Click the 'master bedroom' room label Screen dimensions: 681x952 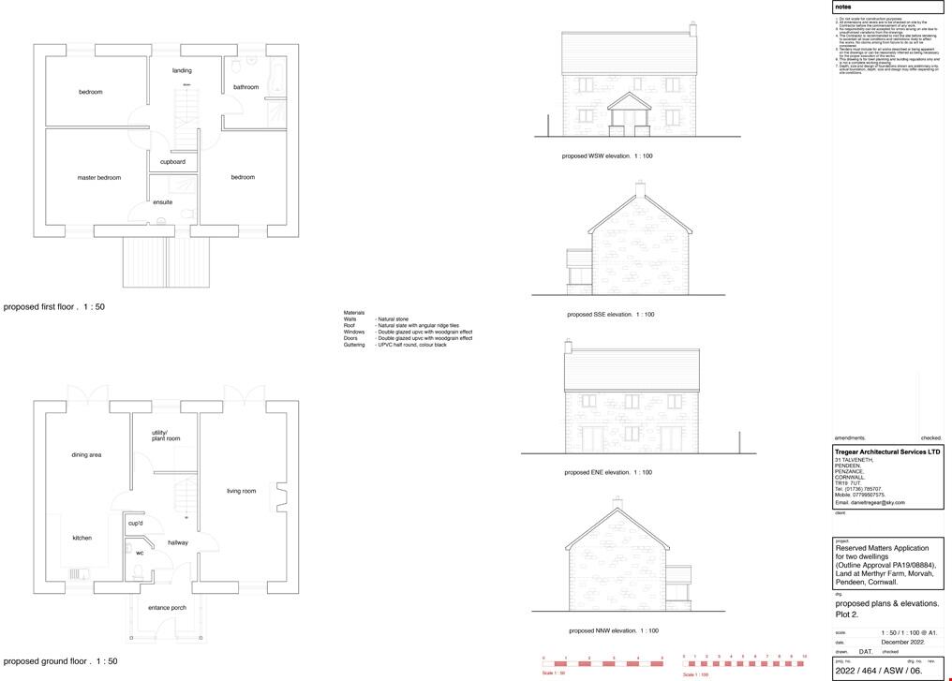98,177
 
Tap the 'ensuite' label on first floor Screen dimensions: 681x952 163,202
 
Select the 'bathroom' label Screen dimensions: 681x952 245,87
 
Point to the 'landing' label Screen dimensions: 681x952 182,70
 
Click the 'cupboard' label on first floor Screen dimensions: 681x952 172,162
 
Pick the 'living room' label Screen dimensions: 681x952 241,491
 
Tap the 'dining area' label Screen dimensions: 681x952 86,455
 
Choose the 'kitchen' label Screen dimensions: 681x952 82,538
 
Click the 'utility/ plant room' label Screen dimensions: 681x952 166,436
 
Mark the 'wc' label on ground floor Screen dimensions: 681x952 140,553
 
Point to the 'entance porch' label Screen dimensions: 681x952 167,608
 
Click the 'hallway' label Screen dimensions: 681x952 178,542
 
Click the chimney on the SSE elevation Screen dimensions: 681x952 640,189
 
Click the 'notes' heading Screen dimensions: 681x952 843,7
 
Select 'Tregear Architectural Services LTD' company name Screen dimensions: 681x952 886,452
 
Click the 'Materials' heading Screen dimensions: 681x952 353,312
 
